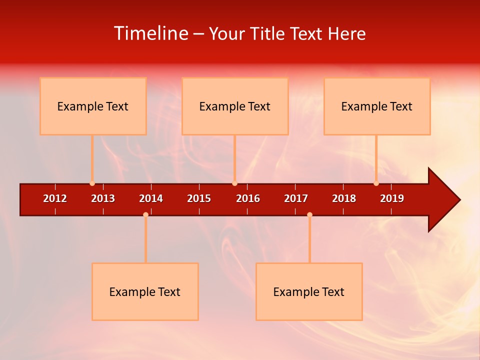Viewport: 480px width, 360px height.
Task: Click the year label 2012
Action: (x=55, y=198)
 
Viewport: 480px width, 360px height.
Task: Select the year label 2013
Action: (x=103, y=198)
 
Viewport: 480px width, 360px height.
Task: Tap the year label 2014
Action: (x=151, y=198)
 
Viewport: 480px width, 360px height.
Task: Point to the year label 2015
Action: (x=199, y=198)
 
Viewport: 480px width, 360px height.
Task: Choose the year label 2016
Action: (x=248, y=198)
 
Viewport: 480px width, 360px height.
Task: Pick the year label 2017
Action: (x=296, y=198)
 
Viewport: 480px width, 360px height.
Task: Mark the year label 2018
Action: (x=344, y=198)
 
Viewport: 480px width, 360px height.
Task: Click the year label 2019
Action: (x=392, y=198)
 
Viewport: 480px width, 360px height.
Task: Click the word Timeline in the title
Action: (x=150, y=33)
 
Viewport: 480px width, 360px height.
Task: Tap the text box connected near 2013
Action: (x=93, y=106)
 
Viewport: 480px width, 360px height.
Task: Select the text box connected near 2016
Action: (x=235, y=106)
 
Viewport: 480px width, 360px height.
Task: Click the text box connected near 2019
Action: (x=377, y=106)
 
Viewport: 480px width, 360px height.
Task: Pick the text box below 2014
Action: (x=145, y=291)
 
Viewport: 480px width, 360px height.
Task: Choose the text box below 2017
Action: (x=309, y=291)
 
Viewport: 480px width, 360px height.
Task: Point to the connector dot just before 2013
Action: (x=92, y=183)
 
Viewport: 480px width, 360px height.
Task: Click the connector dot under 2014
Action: (x=145, y=214)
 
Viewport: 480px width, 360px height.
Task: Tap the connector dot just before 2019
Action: (x=376, y=183)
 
